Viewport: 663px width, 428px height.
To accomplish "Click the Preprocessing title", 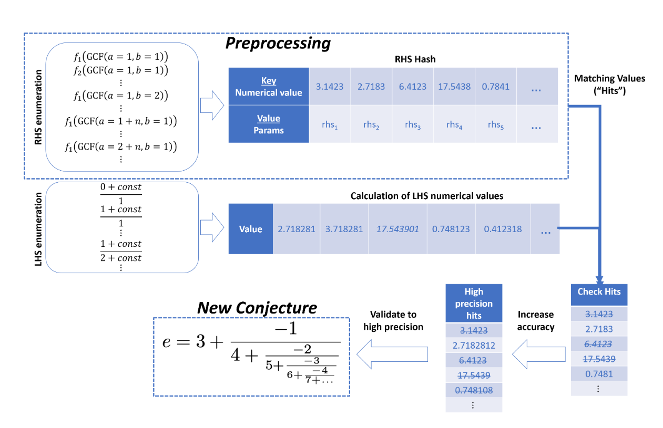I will point(278,43).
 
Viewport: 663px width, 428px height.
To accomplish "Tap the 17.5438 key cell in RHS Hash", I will point(454,86).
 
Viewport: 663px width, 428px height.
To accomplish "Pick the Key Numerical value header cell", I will point(269,87).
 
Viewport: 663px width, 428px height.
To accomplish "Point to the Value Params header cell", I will point(269,124).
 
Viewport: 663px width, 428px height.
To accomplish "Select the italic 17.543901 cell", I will point(397,229).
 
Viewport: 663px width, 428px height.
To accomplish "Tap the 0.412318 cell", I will point(503,229).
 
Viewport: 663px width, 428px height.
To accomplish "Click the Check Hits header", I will point(599,292).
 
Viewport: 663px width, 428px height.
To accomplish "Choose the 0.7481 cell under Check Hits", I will point(599,374).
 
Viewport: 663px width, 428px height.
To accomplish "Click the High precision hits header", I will point(474,303).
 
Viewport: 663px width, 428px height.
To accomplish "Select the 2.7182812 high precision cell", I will point(474,346).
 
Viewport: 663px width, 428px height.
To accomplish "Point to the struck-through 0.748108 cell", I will point(474,390).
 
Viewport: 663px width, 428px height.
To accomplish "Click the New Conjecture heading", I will point(257,308).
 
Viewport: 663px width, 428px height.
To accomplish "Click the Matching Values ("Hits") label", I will point(609,84).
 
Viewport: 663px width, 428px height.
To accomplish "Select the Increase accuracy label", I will point(535,320).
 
